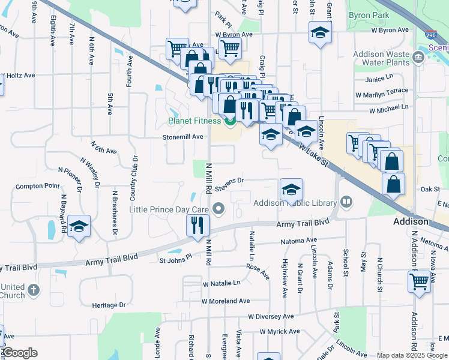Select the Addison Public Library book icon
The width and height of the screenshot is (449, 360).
click(x=346, y=202)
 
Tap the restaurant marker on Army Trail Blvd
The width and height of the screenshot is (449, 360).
click(x=197, y=226)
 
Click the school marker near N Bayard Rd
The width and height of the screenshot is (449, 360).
click(x=79, y=227)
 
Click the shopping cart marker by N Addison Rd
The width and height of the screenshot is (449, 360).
click(x=420, y=280)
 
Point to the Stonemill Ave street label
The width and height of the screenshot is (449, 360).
click(x=183, y=137)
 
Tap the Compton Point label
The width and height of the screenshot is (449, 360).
click(x=38, y=186)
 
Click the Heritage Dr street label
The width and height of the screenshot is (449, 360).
click(x=109, y=305)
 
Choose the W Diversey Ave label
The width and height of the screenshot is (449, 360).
click(x=272, y=316)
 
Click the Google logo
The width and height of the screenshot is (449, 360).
click(x=20, y=353)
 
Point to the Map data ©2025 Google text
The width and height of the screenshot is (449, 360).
click(x=412, y=355)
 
